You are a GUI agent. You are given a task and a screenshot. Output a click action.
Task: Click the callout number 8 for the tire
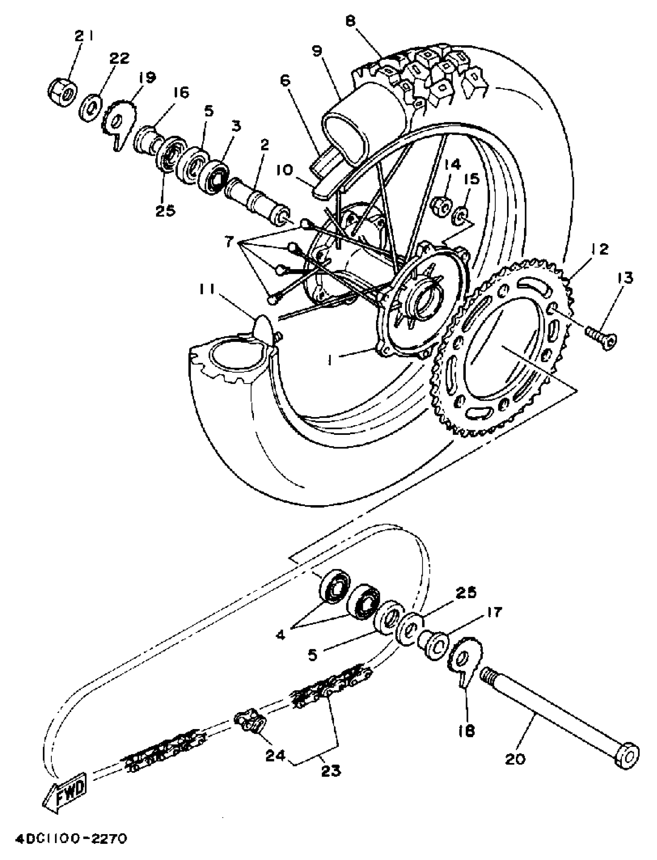(351, 21)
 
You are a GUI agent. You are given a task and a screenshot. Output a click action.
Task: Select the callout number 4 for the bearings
(281, 634)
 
